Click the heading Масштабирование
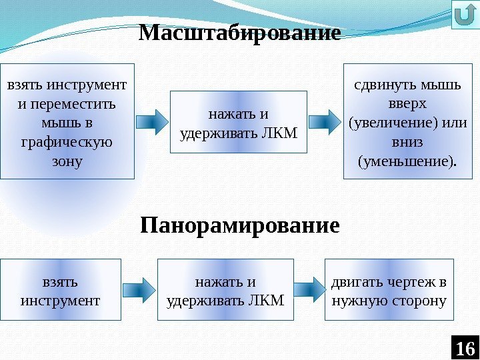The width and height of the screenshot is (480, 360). [240, 33]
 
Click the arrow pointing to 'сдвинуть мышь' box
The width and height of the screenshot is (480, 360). [326, 121]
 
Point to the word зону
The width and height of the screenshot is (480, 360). [67, 161]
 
